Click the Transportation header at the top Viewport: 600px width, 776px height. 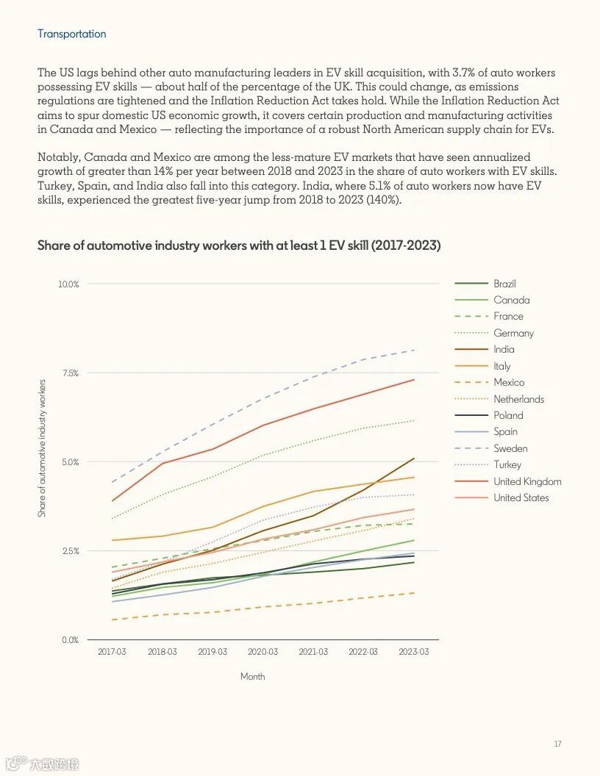tap(71, 34)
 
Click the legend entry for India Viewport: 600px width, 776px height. tap(504, 349)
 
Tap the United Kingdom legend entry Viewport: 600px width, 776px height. tap(527, 481)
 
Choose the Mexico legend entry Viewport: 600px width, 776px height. tap(509, 382)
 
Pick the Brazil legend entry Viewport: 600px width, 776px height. tap(504, 284)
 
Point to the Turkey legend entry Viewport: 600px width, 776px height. tap(507, 464)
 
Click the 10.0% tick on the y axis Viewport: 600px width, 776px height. tap(68, 284)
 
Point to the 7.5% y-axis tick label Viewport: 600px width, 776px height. tap(70, 373)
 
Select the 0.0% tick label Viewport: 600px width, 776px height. tap(70, 640)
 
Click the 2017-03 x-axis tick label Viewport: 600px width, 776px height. tap(112, 652)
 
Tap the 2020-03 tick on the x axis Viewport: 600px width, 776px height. tap(262, 652)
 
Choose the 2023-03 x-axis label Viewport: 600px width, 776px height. tap(413, 652)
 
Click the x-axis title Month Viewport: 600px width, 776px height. tap(252, 676)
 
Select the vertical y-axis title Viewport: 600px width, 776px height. tap(42, 448)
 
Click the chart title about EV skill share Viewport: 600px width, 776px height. tap(239, 245)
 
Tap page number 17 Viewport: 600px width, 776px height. tap(557, 744)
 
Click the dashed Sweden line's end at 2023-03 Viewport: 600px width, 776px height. tap(413, 350)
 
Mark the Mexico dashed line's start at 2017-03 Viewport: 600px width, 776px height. tap(112, 619)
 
